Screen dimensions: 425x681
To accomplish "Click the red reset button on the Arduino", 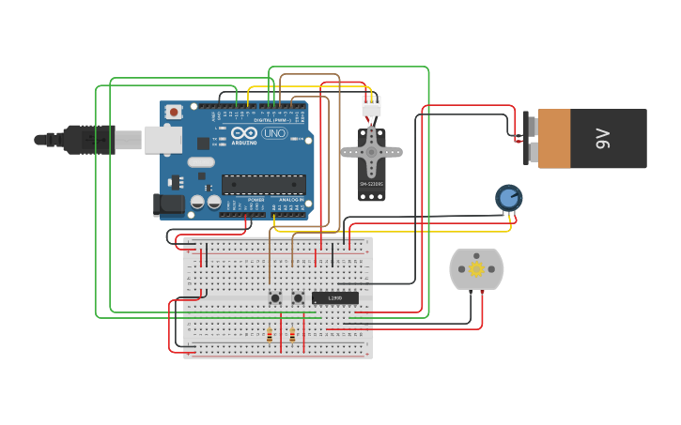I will click(x=174, y=113).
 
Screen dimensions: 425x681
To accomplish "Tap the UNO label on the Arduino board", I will click(x=274, y=133).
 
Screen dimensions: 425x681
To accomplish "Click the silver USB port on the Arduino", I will click(x=163, y=140).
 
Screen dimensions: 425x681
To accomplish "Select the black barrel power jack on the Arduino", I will click(x=168, y=203).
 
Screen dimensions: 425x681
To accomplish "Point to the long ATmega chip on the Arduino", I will click(x=263, y=184).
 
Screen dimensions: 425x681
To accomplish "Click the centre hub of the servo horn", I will click(x=371, y=151).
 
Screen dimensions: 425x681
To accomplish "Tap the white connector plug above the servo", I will click(x=372, y=107).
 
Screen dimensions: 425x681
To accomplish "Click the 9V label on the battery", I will click(x=603, y=139).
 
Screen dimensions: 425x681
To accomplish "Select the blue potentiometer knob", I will click(x=508, y=197).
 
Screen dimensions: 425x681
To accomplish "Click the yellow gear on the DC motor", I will click(x=476, y=269).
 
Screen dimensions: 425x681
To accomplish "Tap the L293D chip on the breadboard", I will click(x=334, y=298).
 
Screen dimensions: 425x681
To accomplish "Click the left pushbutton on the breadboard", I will click(x=275, y=298).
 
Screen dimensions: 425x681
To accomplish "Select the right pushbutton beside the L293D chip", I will click(x=298, y=298).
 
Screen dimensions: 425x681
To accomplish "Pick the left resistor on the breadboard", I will click(x=270, y=335).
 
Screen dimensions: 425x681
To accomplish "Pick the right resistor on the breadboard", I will click(x=292, y=335).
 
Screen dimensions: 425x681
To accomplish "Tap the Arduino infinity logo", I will click(x=244, y=133).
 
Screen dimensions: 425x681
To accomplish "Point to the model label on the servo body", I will click(x=371, y=185).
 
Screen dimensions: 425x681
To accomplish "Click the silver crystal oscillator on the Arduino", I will click(x=201, y=162).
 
